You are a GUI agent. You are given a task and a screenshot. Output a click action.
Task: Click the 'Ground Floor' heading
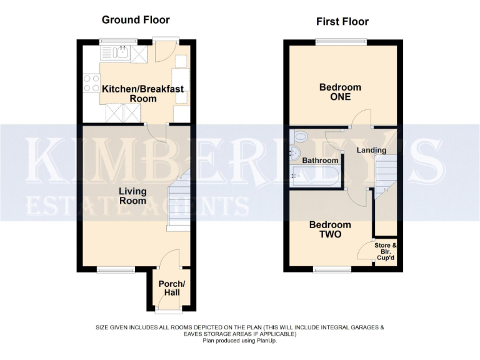pyautogui.click(x=136, y=20)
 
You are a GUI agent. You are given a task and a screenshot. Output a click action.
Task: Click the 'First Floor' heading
pyautogui.click(x=342, y=22)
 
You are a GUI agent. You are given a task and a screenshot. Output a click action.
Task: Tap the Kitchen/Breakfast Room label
pyautogui.click(x=143, y=94)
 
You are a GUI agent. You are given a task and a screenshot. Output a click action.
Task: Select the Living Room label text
pyautogui.click(x=133, y=196)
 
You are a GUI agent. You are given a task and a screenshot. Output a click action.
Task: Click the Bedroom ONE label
pyautogui.click(x=340, y=92)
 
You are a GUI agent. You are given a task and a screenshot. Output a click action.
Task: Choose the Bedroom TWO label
pyautogui.click(x=331, y=230)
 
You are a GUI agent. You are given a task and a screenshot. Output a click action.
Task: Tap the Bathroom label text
pyautogui.click(x=321, y=161)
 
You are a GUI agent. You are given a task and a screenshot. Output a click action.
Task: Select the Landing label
pyautogui.click(x=371, y=150)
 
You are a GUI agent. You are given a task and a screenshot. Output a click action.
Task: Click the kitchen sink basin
pyautogui.click(x=122, y=55)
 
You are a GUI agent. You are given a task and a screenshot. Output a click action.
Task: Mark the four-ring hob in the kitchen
pyautogui.click(x=91, y=83)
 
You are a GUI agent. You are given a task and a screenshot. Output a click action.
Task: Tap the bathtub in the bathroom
pyautogui.click(x=316, y=176)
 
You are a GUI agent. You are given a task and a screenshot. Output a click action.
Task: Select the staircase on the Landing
pyautogui.click(x=385, y=171)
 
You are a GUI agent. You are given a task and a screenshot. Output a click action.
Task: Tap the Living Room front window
pyautogui.click(x=116, y=270)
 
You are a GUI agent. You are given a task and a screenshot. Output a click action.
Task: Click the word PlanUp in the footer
pyautogui.click(x=266, y=341)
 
